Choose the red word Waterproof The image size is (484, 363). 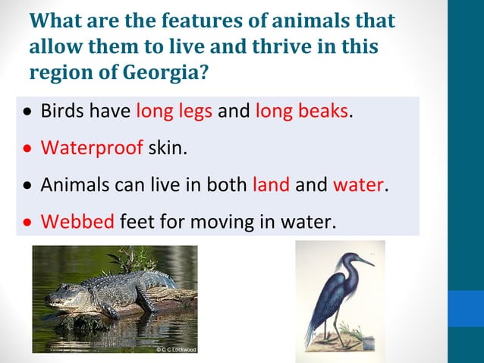[92, 148]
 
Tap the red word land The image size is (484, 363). [271, 185]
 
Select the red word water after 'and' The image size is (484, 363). [359, 185]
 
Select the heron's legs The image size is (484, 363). [328, 323]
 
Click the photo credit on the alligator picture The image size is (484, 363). [175, 349]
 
